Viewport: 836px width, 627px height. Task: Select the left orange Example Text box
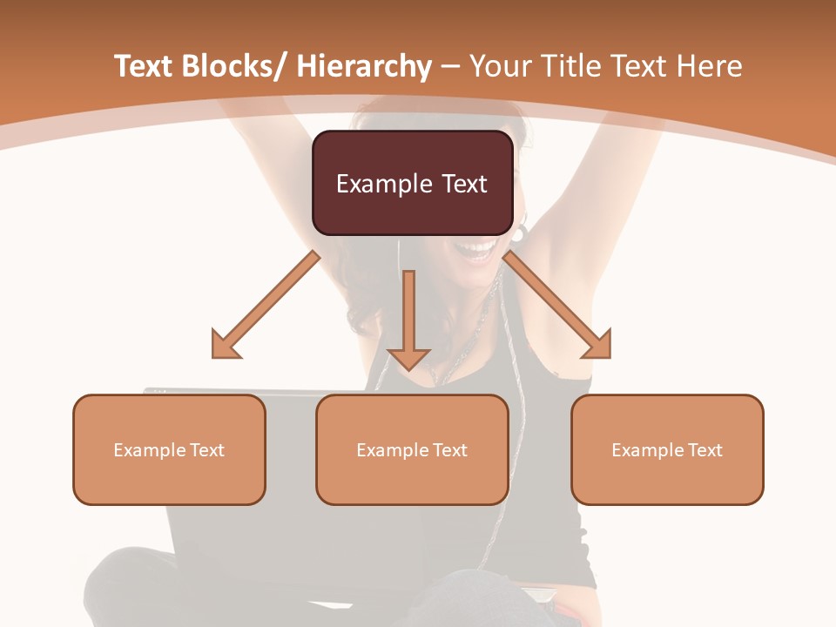169,449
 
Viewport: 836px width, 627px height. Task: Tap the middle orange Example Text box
412,449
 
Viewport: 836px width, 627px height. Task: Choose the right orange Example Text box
667,449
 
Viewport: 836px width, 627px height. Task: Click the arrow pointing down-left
266,306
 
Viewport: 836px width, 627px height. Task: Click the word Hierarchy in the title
364,67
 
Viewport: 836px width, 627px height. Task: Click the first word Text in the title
145,66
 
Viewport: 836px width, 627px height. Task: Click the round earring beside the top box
520,233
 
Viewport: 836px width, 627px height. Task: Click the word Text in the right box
705,449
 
